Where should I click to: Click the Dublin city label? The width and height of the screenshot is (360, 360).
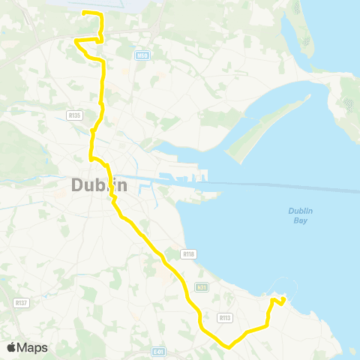pos(100,185)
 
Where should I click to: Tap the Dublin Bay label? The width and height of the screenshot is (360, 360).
pos(299,215)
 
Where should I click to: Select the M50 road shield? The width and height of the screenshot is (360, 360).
pos(142,55)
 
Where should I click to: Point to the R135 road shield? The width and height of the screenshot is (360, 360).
pos(73,115)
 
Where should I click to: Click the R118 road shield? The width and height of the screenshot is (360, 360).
pos(188,254)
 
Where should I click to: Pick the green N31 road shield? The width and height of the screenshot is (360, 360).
pos(201,287)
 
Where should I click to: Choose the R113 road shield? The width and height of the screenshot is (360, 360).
pos(224,318)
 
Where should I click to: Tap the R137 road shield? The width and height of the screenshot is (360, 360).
pos(21,302)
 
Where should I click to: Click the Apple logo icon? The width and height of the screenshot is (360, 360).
pos(12,347)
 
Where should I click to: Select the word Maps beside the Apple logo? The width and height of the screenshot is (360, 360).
pos(32,348)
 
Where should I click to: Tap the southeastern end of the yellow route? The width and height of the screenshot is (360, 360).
pos(283,301)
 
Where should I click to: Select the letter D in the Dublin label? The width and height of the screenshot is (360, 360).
pos(77,185)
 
